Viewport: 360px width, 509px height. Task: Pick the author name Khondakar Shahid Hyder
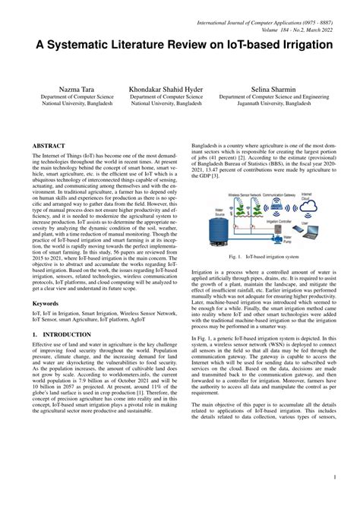tap(166, 90)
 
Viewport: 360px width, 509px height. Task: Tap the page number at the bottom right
tap(335, 477)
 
